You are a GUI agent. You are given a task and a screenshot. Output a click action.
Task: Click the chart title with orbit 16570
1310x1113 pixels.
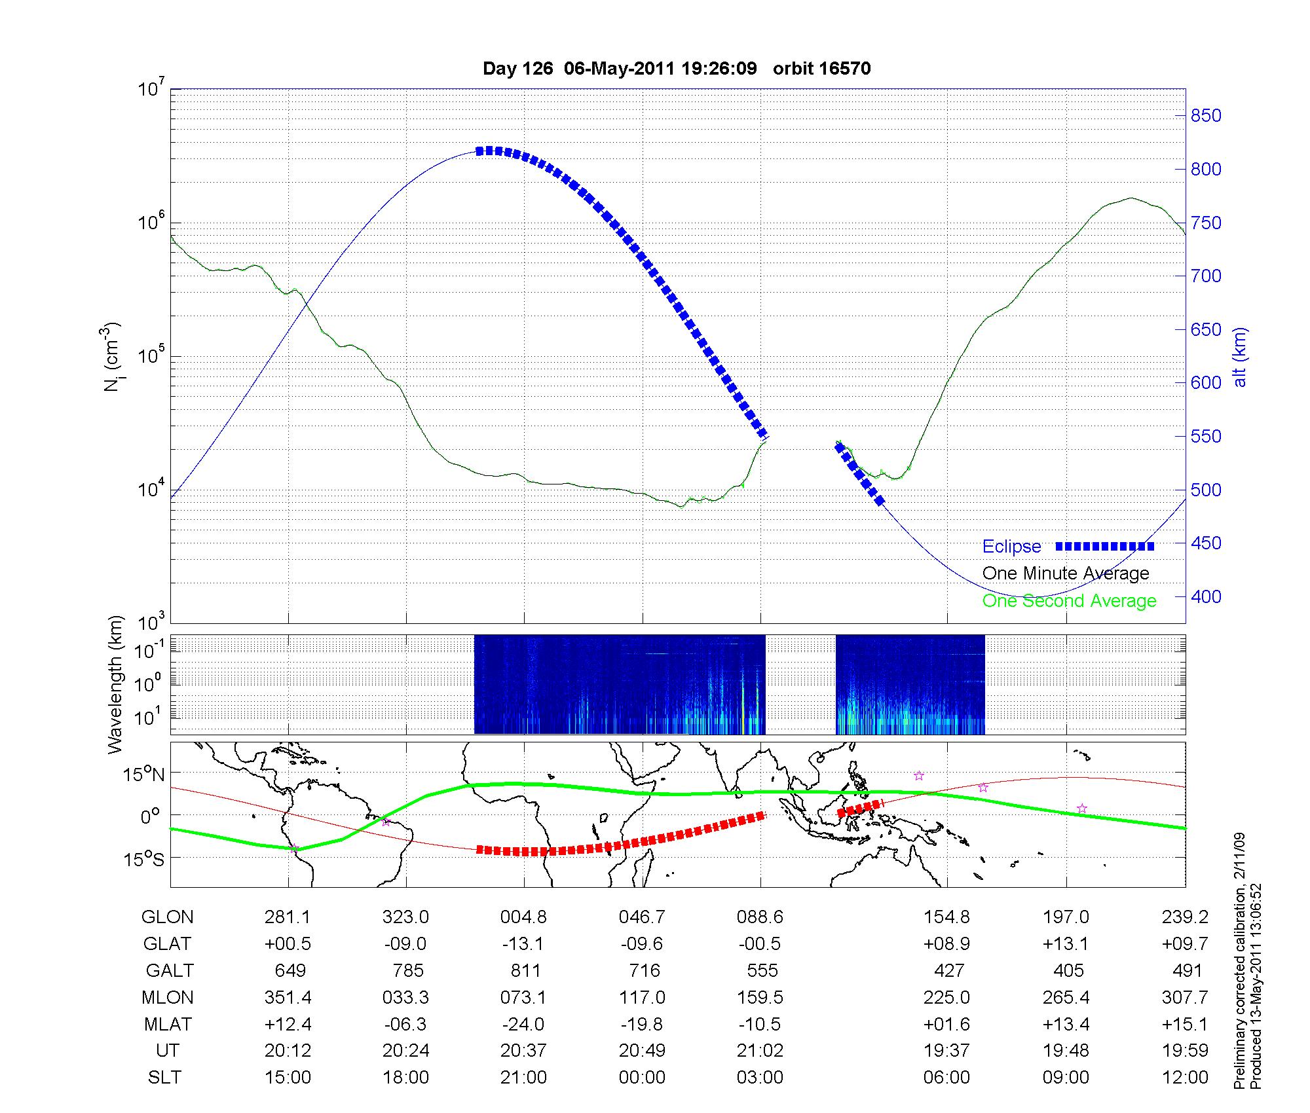(x=677, y=69)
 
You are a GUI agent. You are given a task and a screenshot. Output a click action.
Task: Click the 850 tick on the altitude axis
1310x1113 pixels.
(x=1206, y=116)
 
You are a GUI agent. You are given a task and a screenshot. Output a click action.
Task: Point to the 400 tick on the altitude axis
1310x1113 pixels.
(x=1206, y=596)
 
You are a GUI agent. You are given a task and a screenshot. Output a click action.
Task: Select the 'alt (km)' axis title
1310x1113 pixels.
(x=1240, y=357)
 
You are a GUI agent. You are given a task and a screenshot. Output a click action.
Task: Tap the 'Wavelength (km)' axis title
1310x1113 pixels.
(x=116, y=684)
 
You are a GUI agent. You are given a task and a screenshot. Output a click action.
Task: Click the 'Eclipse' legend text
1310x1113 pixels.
(x=1011, y=547)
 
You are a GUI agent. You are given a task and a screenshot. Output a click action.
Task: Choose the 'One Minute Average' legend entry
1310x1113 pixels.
(x=1066, y=574)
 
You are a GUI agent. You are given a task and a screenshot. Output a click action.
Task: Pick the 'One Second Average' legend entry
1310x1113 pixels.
(x=1069, y=601)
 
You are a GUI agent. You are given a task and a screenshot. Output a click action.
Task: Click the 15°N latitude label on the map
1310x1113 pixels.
(x=143, y=775)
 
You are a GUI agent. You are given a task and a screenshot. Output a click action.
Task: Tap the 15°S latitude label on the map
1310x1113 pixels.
(x=143, y=858)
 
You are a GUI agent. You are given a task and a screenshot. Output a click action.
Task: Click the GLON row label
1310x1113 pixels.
(x=167, y=917)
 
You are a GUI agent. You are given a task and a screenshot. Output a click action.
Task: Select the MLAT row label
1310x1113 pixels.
(x=167, y=1024)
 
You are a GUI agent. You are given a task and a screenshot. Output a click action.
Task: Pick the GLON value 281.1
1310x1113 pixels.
(x=288, y=917)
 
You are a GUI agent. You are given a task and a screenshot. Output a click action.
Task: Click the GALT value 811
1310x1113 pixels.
(x=525, y=970)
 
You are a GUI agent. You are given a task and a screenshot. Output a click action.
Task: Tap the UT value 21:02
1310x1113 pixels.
(x=760, y=1051)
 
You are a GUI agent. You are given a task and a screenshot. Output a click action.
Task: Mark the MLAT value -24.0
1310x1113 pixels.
(x=523, y=1024)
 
